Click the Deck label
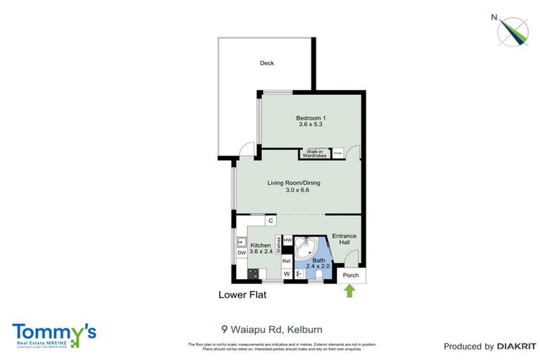[266, 63]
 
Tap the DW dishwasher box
[241, 252]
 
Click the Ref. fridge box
[287, 260]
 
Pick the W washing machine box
[287, 274]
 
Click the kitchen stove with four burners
[252, 273]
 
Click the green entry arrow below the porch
[349, 290]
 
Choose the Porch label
[350, 275]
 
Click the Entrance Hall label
[345, 240]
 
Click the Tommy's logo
[53, 333]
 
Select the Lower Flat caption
[242, 295]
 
